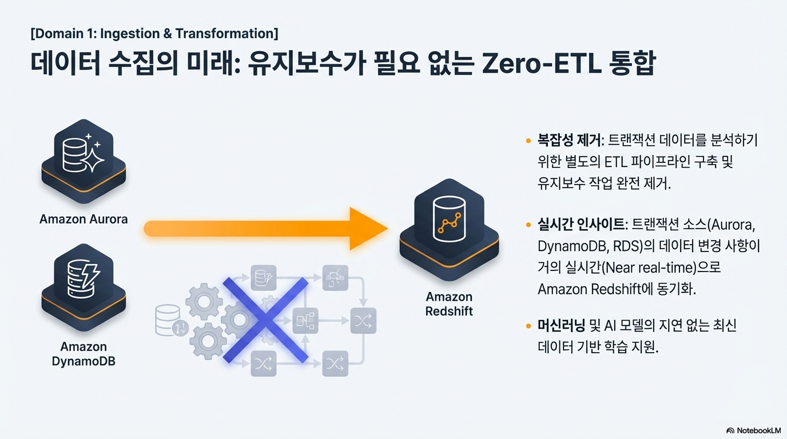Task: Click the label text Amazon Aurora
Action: click(84, 219)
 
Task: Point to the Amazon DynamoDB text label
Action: click(84, 354)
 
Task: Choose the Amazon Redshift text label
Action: click(449, 304)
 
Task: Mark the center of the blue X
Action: click(265, 320)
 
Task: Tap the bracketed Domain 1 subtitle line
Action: click(154, 34)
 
